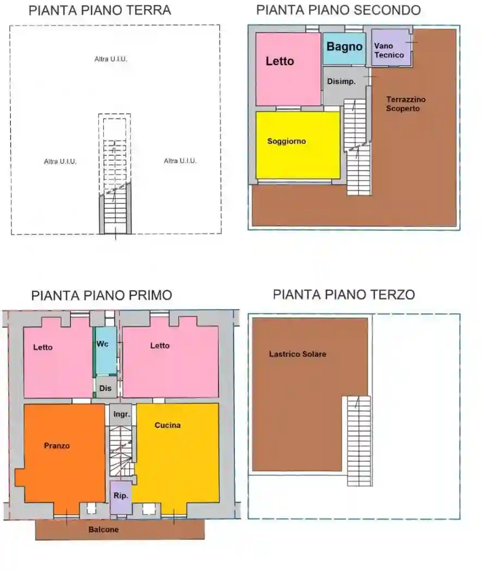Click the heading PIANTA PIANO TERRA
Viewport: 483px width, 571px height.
tap(100, 10)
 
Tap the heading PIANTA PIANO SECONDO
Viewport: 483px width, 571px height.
tap(338, 10)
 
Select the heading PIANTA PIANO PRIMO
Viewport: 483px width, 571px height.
tap(102, 295)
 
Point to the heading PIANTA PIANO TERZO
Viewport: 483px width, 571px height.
tap(344, 295)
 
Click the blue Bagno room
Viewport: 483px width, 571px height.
tap(344, 48)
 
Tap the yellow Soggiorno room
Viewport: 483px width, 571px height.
tap(298, 145)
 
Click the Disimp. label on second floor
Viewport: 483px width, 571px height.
tap(341, 82)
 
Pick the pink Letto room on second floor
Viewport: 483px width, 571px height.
tap(288, 69)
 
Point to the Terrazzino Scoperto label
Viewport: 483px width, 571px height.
tap(406, 104)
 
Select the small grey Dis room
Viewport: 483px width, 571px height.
tap(106, 388)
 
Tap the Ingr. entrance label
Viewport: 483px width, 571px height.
tap(121, 414)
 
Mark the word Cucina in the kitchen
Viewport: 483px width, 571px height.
tap(168, 425)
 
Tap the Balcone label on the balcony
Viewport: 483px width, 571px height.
tap(103, 529)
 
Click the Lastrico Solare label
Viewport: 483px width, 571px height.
tap(298, 354)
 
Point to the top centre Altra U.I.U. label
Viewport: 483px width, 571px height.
tap(111, 59)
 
